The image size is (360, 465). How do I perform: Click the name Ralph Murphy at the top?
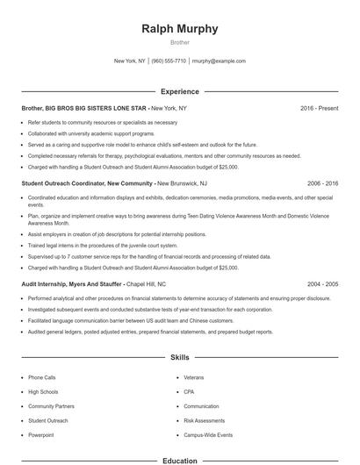(x=179, y=29)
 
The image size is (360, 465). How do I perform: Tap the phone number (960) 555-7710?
(x=169, y=61)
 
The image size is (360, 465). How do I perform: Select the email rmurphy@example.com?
(x=218, y=61)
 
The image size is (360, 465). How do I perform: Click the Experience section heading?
(x=179, y=91)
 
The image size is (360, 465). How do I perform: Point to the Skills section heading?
(x=179, y=358)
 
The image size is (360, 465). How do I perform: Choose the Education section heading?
(x=179, y=460)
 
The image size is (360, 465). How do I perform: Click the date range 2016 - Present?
(x=319, y=108)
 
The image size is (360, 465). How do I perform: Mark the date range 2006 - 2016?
(x=322, y=183)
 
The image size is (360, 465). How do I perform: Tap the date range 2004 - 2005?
(x=322, y=284)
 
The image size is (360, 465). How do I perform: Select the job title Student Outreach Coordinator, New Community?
(x=87, y=183)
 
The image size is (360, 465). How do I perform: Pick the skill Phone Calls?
(x=41, y=377)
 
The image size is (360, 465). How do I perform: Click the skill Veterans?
(x=193, y=377)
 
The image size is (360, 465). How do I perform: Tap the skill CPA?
(x=189, y=391)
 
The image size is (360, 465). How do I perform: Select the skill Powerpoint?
(x=40, y=435)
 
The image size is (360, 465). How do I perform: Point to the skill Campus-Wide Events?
(x=208, y=435)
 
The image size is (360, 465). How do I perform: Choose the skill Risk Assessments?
(x=204, y=420)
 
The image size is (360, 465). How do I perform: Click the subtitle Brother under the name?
(x=179, y=42)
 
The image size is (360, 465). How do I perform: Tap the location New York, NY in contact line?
(x=130, y=61)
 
